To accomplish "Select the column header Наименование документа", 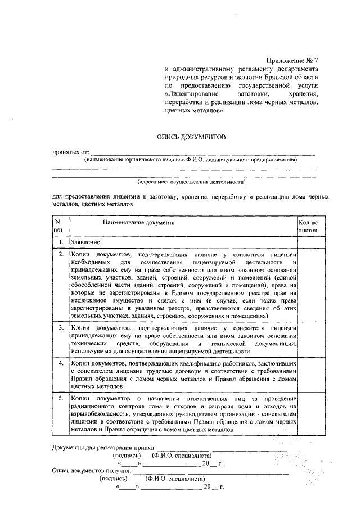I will (x=138, y=223).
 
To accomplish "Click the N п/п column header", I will (x=58, y=226).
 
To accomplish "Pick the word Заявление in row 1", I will (x=85, y=242).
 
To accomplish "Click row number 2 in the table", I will (x=61, y=255).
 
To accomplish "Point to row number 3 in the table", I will (x=61, y=327).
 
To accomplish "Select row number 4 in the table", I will (x=61, y=363).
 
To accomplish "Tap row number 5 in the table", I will (x=61, y=399).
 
